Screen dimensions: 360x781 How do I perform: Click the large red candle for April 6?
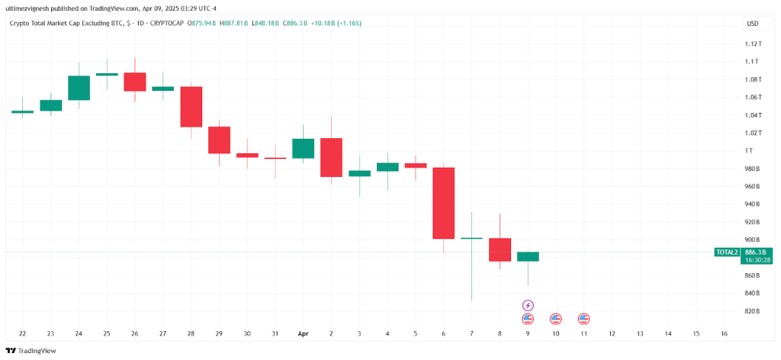pos(444,203)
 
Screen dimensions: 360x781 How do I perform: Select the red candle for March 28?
pos(191,106)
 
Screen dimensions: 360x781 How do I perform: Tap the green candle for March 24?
pos(79,88)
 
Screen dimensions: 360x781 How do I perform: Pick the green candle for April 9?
pos(528,256)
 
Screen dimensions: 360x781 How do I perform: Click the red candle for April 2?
pos(331,157)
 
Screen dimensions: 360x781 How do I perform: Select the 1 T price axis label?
pos(751,150)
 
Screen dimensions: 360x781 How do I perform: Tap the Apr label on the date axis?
pos(303,334)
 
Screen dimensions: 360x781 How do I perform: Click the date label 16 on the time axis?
pos(724,334)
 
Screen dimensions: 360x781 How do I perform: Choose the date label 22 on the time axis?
pos(22,334)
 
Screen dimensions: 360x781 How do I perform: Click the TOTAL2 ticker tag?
pos(726,252)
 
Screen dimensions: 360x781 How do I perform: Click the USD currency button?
pos(752,24)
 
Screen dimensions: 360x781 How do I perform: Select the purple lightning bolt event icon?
pos(528,305)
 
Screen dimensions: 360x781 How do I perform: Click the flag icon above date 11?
pos(584,319)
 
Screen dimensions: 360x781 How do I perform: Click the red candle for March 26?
pos(135,82)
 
